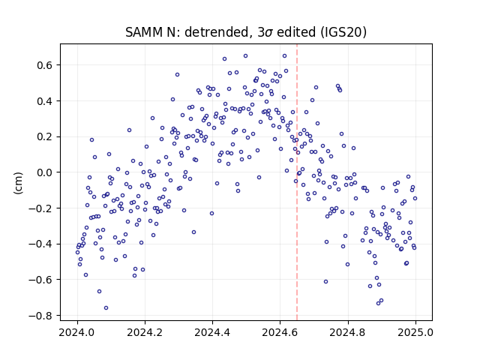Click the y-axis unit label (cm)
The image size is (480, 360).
pyautogui.click(x=19, y=183)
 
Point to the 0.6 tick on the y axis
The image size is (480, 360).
pyautogui.click(x=45, y=65)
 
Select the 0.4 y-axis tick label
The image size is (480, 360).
pyautogui.click(x=45, y=101)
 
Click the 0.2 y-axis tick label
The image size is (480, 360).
pyautogui.click(x=45, y=136)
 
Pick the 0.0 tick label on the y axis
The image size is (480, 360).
pyautogui.click(x=45, y=172)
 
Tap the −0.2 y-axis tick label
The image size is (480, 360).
pyautogui.click(x=41, y=208)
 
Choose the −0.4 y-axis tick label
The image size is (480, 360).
pyautogui.click(x=41, y=244)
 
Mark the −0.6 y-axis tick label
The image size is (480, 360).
pyautogui.click(x=41, y=280)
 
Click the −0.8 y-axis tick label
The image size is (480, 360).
pyautogui.click(x=41, y=316)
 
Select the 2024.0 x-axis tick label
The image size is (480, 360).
pyautogui.click(x=77, y=332)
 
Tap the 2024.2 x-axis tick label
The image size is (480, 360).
pyautogui.click(x=145, y=332)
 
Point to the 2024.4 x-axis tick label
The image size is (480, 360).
pyautogui.click(x=212, y=332)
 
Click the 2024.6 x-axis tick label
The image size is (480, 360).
pyautogui.click(x=280, y=332)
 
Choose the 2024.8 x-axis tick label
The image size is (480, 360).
pyautogui.click(x=348, y=332)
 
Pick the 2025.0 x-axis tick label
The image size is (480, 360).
pyautogui.click(x=415, y=332)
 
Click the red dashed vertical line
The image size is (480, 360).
pyautogui.click(x=297, y=182)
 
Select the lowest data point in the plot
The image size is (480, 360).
pyautogui.click(x=106, y=308)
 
